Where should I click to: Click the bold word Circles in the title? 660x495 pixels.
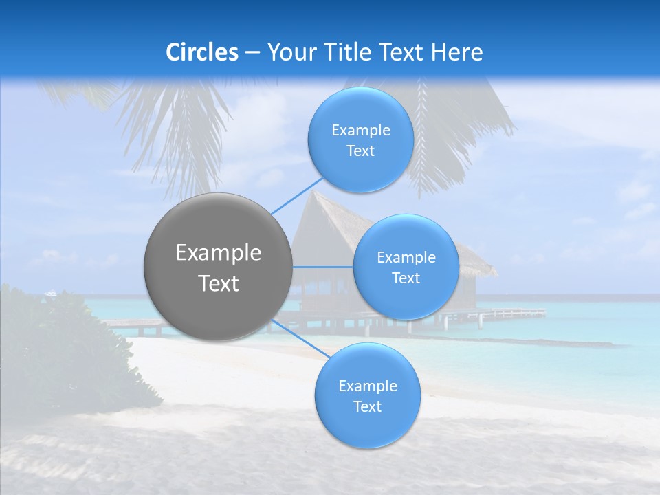(202, 52)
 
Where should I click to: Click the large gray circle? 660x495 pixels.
(217, 267)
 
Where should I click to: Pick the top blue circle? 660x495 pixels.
(361, 140)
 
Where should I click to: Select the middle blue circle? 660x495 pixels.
(406, 267)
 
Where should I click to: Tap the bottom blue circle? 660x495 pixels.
(367, 395)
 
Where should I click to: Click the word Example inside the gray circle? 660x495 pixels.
(219, 253)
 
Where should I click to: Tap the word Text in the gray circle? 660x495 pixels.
(219, 283)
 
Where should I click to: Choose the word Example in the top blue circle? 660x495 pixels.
(361, 130)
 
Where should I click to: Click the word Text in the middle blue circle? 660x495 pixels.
(406, 278)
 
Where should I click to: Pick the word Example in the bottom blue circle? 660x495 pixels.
(368, 386)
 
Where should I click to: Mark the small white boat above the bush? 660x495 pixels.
(51, 294)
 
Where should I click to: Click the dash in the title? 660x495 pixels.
(252, 53)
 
